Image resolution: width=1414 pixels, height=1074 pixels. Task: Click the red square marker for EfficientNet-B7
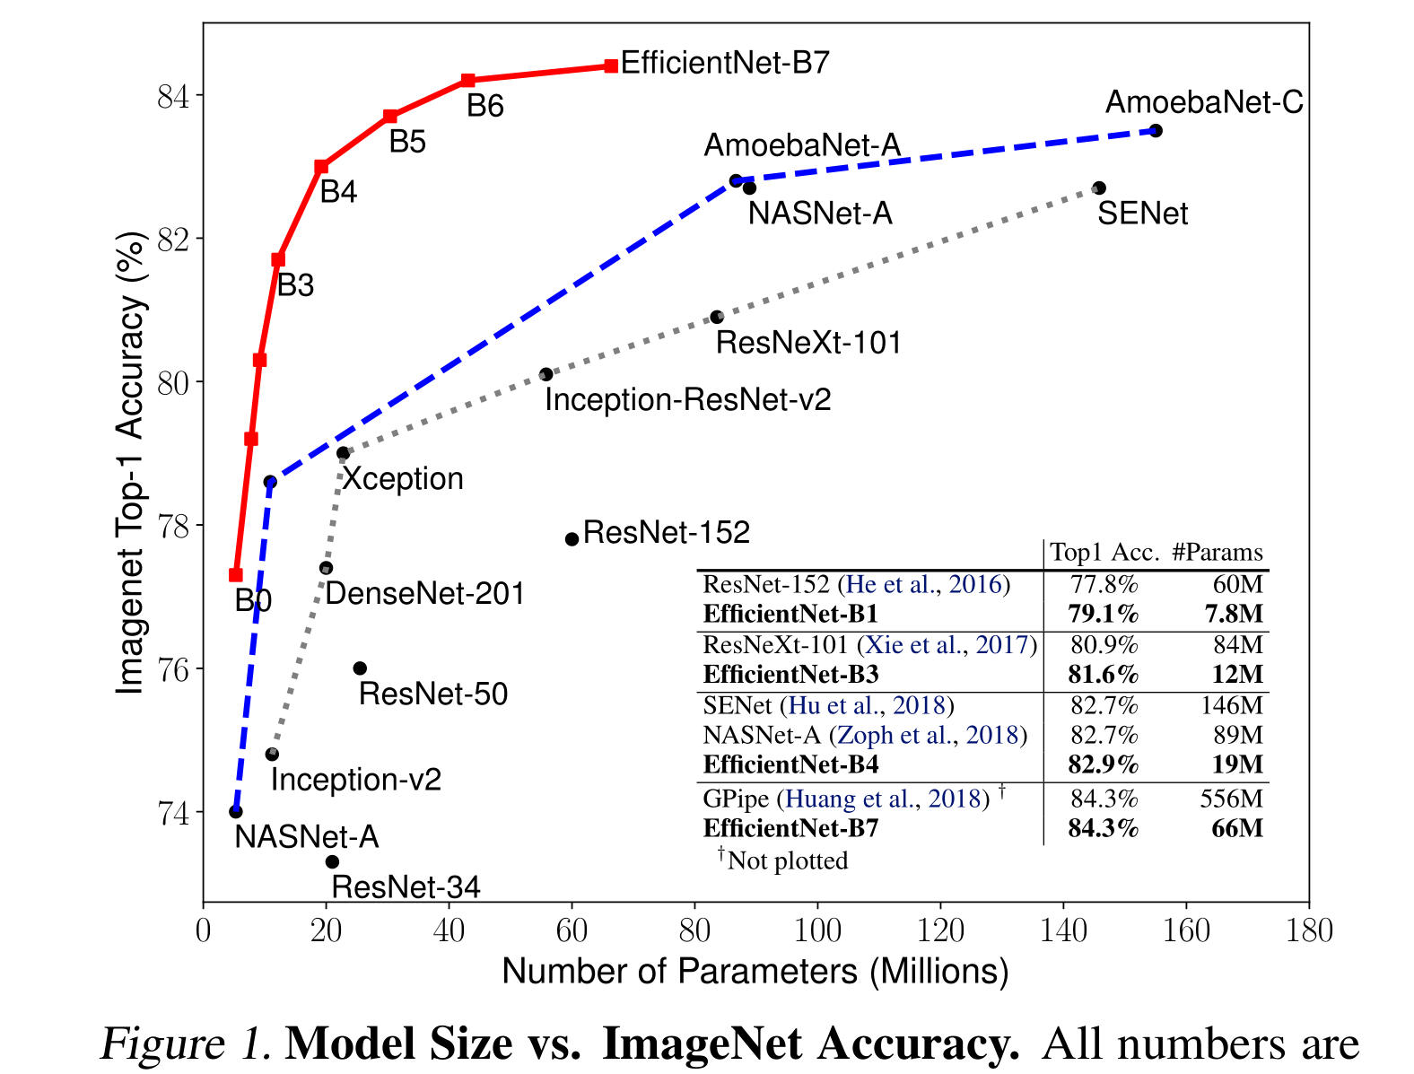(x=611, y=65)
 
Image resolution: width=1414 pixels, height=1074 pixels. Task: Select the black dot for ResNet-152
(x=572, y=539)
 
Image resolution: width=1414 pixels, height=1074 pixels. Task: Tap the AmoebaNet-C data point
(x=1156, y=131)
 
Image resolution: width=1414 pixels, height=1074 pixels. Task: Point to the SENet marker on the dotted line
(x=1099, y=188)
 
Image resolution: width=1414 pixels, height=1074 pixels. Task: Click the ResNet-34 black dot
(x=332, y=861)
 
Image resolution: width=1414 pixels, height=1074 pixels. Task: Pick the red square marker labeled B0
(x=236, y=575)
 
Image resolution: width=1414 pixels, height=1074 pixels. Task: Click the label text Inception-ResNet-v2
(x=687, y=400)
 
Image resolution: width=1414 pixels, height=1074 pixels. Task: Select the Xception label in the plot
(x=403, y=479)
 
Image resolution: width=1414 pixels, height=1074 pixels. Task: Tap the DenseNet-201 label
(x=424, y=594)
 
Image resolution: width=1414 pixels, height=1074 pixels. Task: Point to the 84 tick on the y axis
(x=174, y=96)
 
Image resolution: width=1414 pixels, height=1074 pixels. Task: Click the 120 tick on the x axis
(x=940, y=930)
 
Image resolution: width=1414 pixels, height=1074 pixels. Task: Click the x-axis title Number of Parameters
(x=755, y=972)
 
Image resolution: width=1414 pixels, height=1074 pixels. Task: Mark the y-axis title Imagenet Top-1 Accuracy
(x=131, y=462)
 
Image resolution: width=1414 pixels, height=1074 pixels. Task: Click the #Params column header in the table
(x=1217, y=553)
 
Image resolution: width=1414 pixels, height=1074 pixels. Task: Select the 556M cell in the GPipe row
(x=1231, y=799)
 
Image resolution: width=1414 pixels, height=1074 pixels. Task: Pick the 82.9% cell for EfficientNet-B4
(x=1103, y=764)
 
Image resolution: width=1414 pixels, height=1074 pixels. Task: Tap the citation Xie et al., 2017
(x=947, y=645)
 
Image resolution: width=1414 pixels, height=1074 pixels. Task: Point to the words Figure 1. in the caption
(x=185, y=1044)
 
